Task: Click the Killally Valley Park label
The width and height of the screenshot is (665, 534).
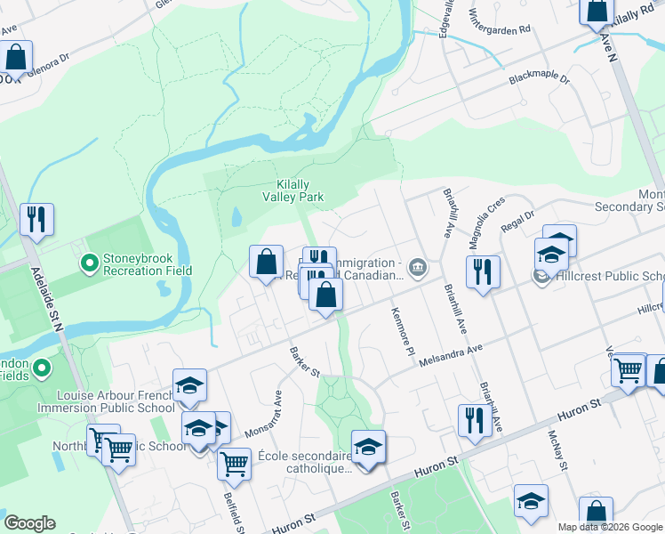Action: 292,190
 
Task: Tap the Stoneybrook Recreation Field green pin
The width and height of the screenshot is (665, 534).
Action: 89,263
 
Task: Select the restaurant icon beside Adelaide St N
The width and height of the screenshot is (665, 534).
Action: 36,219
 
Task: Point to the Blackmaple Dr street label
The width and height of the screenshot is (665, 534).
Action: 539,79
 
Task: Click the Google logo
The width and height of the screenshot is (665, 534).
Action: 29,523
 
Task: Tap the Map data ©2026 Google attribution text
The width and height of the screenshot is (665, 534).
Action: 610,527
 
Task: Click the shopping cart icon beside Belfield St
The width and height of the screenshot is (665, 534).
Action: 234,463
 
